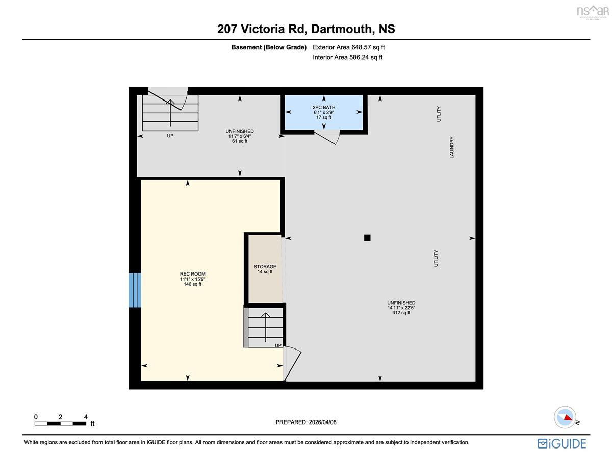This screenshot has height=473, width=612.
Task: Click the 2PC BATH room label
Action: coord(324,107)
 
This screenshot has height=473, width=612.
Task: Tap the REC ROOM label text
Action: coord(193,274)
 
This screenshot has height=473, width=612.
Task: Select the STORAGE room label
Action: coord(265,266)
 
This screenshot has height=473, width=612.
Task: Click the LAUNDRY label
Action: coord(452,147)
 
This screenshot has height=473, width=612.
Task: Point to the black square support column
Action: coord(367,238)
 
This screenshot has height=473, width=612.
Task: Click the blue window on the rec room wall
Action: coord(135,290)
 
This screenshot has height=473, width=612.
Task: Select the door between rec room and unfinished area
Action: coord(292,363)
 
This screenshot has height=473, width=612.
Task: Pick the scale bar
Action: coord(60,424)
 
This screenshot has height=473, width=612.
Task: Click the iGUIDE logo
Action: coord(562,444)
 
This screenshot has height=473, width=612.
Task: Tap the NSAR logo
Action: coord(593,12)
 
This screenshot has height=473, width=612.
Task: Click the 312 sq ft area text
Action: coord(401,313)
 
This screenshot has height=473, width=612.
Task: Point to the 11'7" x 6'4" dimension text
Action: coord(239,136)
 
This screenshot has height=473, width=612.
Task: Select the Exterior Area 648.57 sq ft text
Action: coord(349,47)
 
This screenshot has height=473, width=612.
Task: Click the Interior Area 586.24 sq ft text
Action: coord(347,57)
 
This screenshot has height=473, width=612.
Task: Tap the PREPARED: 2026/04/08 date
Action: coord(306,422)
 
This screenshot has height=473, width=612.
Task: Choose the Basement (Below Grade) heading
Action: coord(269,47)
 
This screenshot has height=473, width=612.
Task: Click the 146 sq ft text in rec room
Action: coord(193,284)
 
